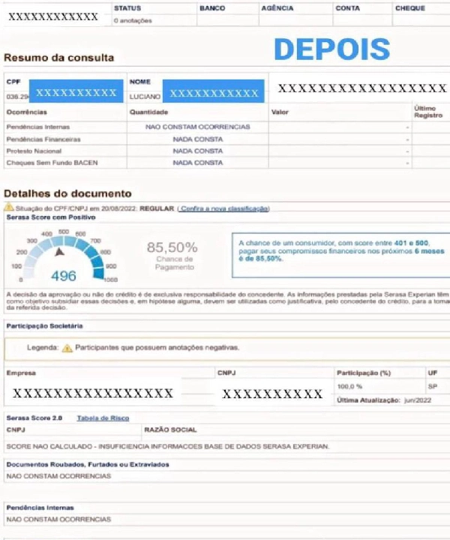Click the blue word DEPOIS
point(331,49)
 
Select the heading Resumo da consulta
point(59,58)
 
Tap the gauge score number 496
point(64,275)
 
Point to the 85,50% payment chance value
point(172,247)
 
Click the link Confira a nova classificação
point(223,208)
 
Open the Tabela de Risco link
point(103,418)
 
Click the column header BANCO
point(212,8)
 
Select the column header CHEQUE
point(409,8)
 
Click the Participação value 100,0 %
point(349,386)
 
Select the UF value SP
point(433,386)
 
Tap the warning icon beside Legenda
point(67,348)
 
